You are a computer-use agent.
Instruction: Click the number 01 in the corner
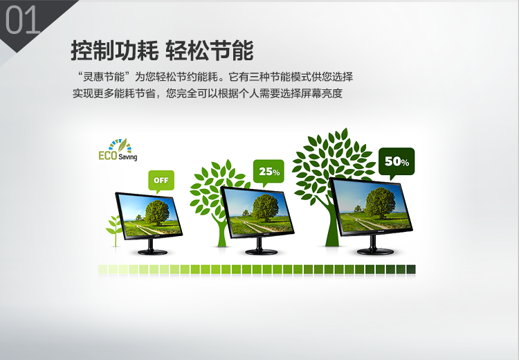coord(23,21)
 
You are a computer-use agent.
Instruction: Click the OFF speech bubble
coord(161,181)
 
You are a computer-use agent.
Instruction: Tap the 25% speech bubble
coord(268,172)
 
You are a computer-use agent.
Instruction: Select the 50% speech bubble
coord(397,161)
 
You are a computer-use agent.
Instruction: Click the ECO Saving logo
coord(118,150)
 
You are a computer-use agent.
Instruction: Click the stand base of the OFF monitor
coord(152,252)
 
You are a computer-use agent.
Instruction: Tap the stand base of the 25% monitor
coord(262,252)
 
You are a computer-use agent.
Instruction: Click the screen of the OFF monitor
coord(149,215)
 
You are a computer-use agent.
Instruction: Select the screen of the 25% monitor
coord(257,211)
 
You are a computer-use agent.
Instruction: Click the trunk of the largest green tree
coord(331,225)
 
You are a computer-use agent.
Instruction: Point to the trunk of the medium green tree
coord(221,232)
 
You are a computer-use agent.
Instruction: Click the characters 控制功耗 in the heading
coord(114,51)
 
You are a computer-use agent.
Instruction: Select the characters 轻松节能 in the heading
coord(210,51)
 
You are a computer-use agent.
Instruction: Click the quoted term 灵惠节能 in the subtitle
coord(104,77)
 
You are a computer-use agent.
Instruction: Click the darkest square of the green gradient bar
coord(411,269)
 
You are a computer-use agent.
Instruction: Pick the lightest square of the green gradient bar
coord(102,269)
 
